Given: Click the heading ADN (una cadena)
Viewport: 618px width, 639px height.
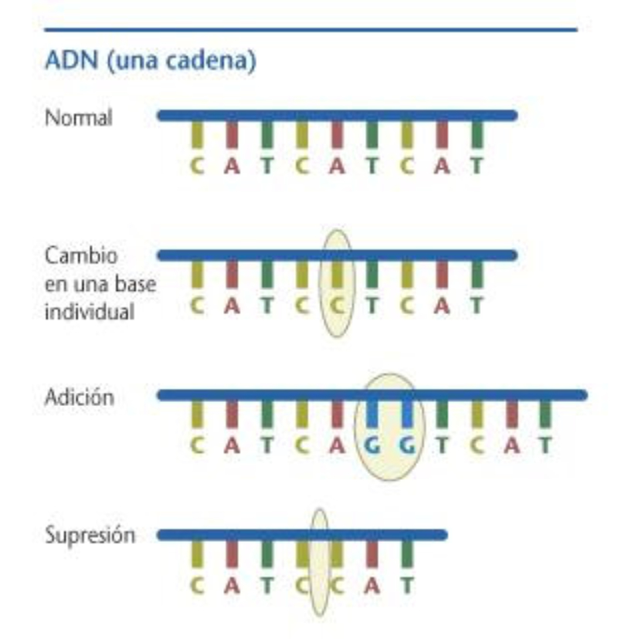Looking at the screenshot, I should click(151, 63).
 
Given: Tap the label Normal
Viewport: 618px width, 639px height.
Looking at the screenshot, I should click(79, 119).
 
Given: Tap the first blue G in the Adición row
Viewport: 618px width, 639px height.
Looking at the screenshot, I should click(372, 445).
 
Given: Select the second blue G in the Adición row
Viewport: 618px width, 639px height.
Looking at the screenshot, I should click(407, 445).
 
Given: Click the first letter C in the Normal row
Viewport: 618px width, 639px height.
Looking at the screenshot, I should click(197, 166).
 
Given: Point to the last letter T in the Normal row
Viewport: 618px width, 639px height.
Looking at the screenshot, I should click(477, 166).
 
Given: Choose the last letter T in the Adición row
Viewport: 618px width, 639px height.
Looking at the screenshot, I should click(546, 445).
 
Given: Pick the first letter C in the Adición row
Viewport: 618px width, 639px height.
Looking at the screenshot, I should click(197, 445).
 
